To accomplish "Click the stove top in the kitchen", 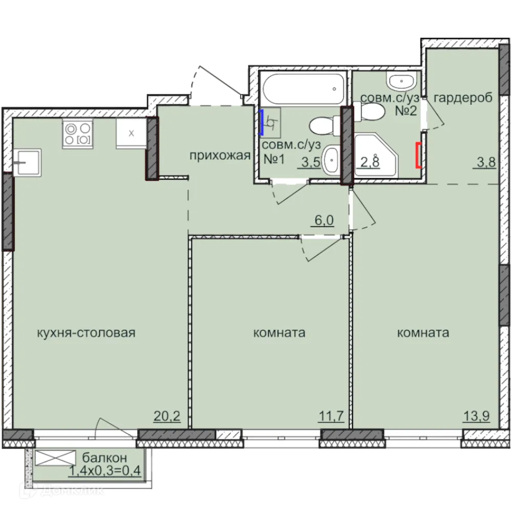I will click(x=78, y=134).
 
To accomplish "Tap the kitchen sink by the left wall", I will click(x=27, y=163).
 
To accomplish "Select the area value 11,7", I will click(x=331, y=417).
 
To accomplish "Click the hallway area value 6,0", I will click(x=324, y=221).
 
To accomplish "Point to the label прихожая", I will click(x=220, y=156).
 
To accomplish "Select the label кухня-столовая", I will click(x=86, y=333).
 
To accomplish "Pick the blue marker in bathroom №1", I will click(x=262, y=122).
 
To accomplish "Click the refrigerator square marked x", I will click(x=131, y=134).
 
